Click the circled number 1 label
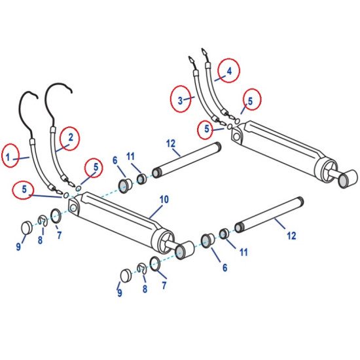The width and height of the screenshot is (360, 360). [10, 155]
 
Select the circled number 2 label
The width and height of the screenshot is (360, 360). [70, 138]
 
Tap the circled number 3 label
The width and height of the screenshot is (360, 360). [181, 99]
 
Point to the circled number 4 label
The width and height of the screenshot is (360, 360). [229, 71]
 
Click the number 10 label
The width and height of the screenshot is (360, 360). [164, 200]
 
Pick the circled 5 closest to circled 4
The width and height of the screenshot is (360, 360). [252, 99]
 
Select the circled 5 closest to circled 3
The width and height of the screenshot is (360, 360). [207, 129]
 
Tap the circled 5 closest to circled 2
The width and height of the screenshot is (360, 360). [94, 168]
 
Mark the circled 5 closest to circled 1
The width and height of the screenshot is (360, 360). [24, 189]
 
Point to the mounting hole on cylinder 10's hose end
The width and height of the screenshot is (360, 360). [73, 207]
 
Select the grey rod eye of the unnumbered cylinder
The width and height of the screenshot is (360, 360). [346, 181]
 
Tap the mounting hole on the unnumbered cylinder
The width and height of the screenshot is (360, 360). [236, 137]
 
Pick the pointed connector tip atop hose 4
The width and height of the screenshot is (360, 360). [204, 52]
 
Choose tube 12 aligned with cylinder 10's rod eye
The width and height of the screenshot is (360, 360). [269, 215]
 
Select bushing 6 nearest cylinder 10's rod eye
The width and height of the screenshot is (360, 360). [207, 240]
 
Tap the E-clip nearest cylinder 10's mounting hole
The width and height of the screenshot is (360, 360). [43, 221]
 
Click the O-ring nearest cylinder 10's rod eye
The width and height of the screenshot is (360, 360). [155, 264]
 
